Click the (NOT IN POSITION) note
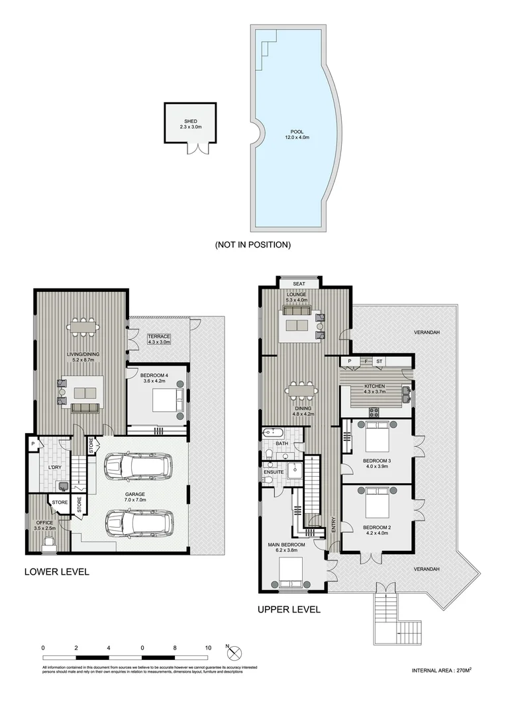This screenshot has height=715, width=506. point(252,245)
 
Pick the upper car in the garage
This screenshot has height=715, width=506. point(137,466)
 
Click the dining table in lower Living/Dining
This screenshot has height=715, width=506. point(83,326)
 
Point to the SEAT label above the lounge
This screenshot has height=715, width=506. point(299,284)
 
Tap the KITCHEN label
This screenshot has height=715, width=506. point(374,387)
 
